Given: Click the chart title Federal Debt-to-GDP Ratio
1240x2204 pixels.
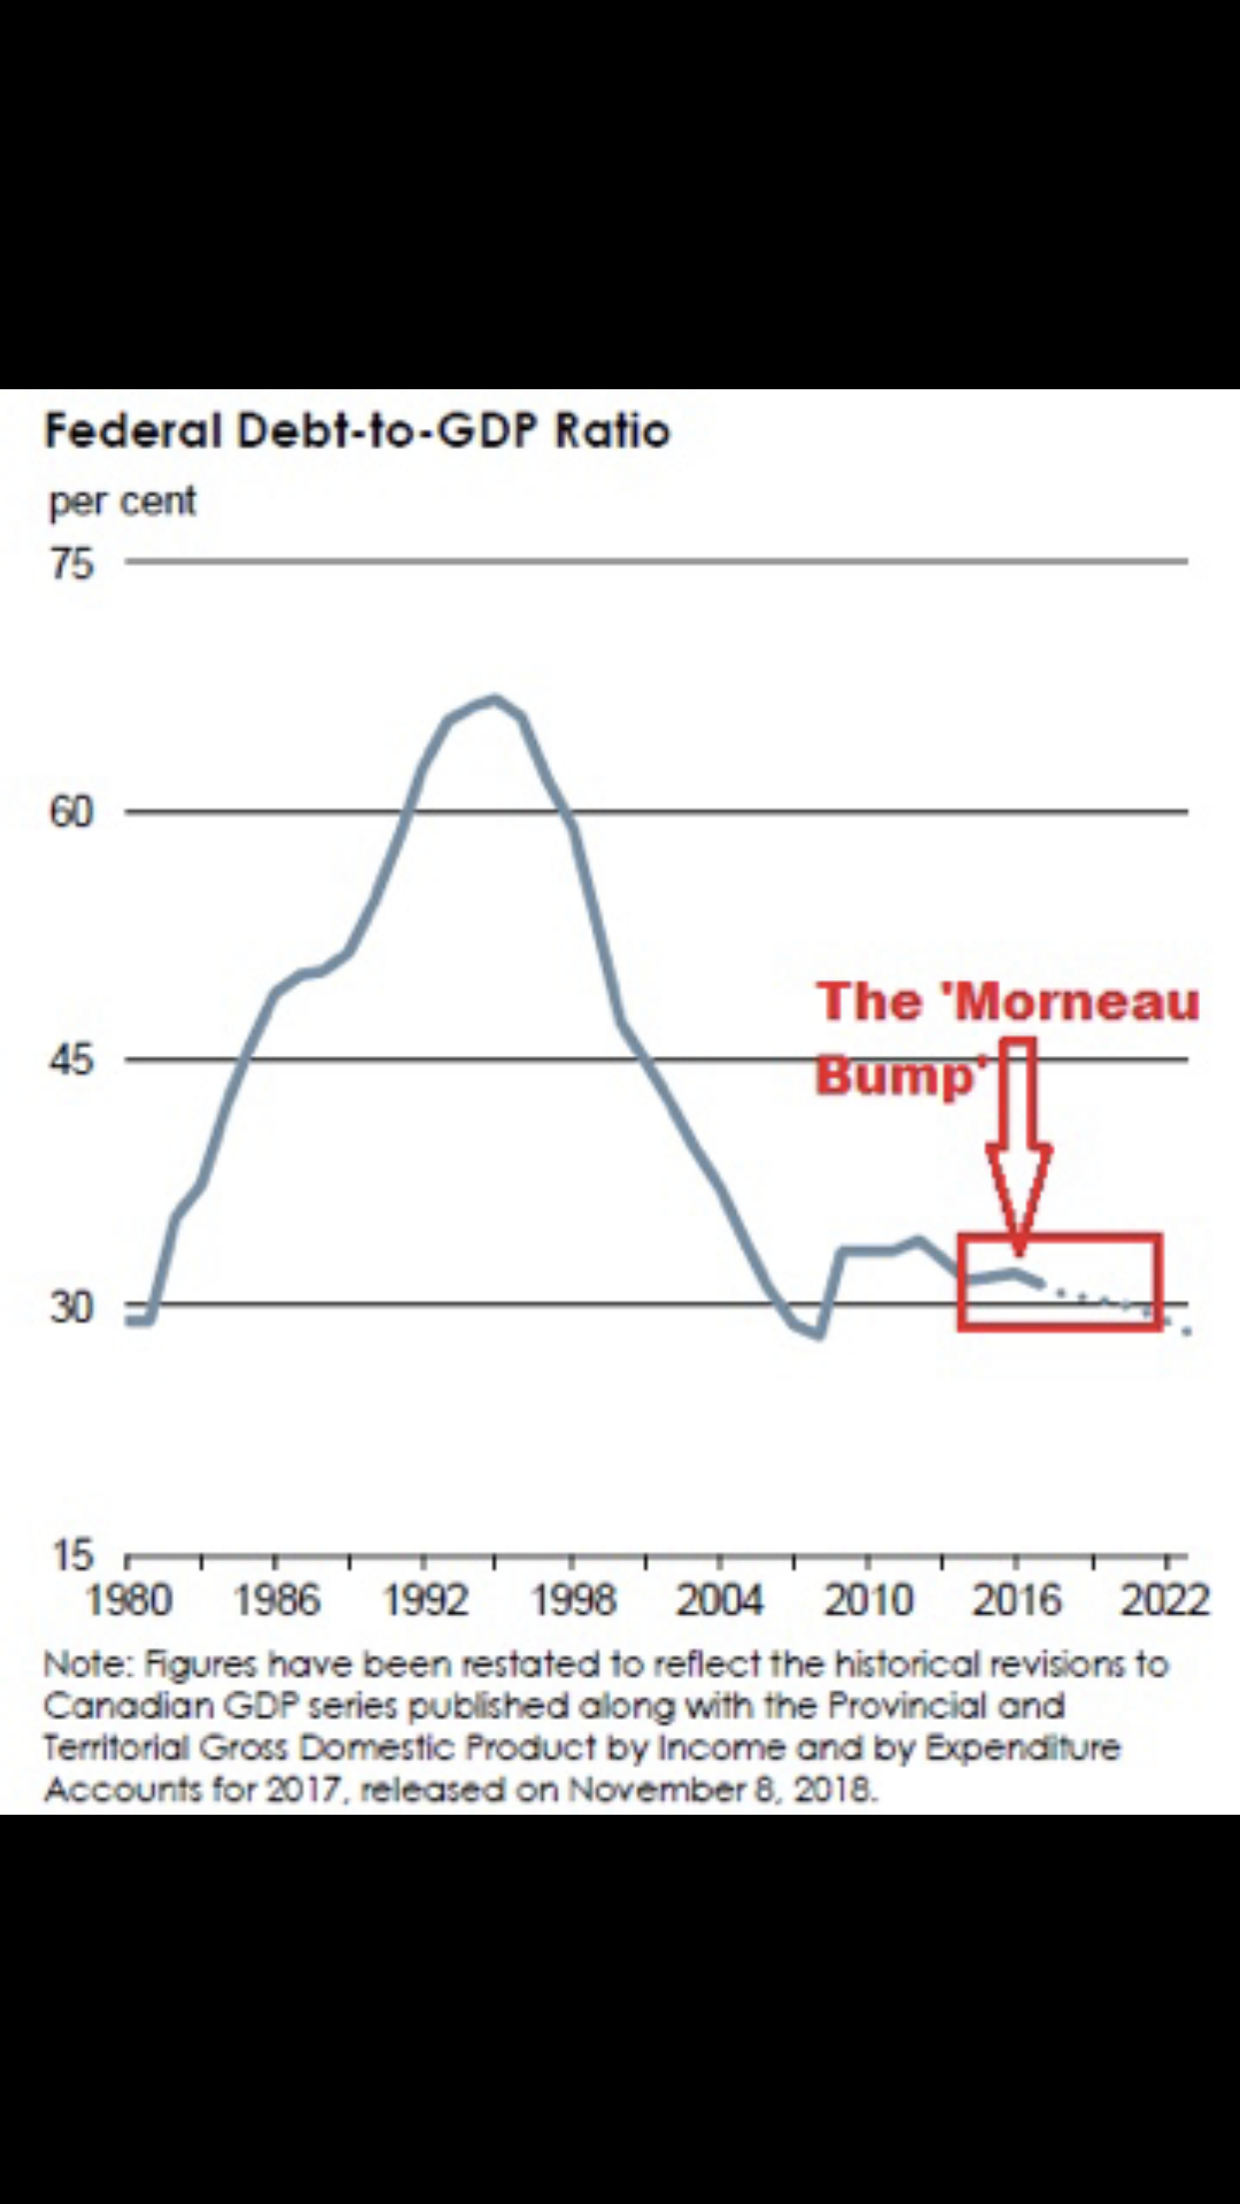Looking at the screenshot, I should (357, 432).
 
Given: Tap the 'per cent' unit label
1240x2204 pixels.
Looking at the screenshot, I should (122, 501).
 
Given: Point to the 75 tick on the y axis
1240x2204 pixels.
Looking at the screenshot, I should (71, 564).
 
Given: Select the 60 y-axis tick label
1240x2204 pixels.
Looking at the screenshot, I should (71, 813).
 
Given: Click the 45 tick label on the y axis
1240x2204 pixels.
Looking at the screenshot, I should (71, 1059).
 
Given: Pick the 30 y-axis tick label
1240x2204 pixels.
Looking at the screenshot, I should (71, 1306).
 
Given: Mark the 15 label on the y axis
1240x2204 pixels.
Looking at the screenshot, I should (71, 1554).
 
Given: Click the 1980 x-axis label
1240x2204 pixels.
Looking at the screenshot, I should (129, 1600).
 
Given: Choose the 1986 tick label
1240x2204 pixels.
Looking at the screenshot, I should (277, 1600).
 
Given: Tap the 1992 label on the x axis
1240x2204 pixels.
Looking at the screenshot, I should (425, 1600).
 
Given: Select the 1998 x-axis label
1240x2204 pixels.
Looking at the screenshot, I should (573, 1600).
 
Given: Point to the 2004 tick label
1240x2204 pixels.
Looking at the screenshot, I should (720, 1600).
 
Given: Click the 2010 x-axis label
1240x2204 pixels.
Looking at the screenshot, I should (868, 1600).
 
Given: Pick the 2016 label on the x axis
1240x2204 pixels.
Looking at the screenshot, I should (1016, 1600).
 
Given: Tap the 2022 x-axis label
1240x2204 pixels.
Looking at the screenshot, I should (1164, 1600).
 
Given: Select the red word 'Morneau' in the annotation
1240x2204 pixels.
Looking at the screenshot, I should (1077, 1002).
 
